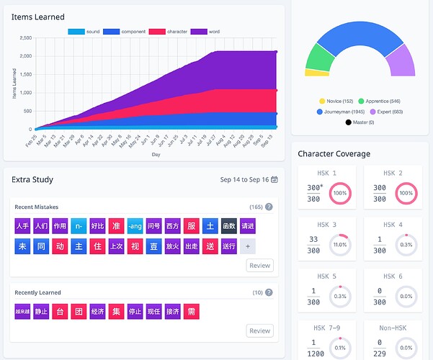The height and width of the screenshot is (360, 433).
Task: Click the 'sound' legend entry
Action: pos(84,32)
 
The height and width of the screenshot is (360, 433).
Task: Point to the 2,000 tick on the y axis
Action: pos(25,55)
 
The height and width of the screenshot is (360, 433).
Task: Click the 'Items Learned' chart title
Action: pos(38,17)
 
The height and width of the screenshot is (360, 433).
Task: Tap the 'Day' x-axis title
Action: pos(156,154)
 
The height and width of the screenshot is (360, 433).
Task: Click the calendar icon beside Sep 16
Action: pos(274,179)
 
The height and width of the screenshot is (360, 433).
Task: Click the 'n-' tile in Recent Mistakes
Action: pos(79,225)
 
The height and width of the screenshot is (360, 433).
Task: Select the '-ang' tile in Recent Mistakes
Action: pos(135,225)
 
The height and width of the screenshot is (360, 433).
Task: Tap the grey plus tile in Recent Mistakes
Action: pos(247,246)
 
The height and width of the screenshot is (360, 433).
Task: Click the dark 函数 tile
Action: pos(228,225)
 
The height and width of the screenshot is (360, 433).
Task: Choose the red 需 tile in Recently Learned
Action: pos(191,312)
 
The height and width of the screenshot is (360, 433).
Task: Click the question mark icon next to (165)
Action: pos(269,207)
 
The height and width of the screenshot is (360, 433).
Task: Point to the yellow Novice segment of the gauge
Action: pos(317,72)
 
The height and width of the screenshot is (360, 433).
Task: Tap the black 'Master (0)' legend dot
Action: pos(349,122)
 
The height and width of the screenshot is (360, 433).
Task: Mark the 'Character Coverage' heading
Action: pos(334,153)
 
